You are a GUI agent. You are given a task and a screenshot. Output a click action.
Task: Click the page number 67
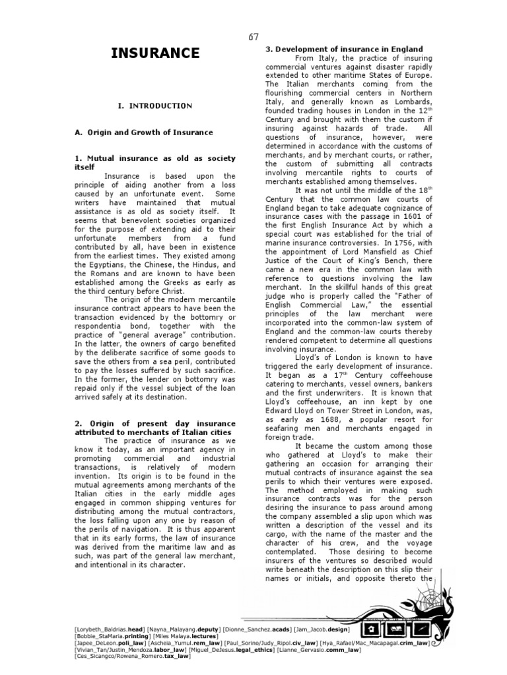point(253,36)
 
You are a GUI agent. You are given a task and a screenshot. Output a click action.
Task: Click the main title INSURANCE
point(155,53)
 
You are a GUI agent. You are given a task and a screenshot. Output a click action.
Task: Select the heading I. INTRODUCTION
point(155,105)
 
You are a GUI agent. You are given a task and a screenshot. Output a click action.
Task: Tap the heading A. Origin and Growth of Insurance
point(143,132)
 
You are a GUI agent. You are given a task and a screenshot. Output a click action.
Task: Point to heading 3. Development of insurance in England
point(344,49)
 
